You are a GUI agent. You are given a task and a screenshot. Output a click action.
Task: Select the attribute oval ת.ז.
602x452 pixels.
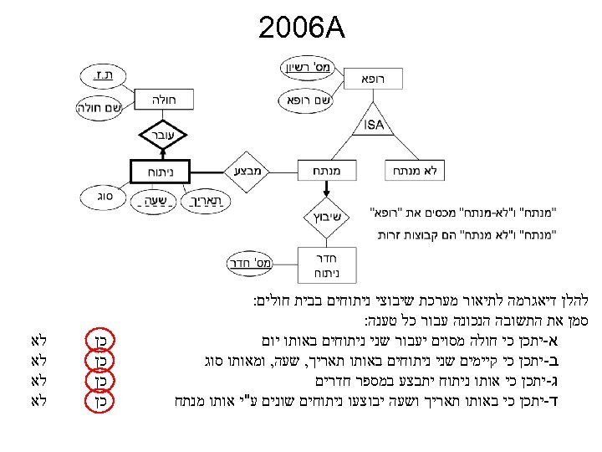(x=105, y=76)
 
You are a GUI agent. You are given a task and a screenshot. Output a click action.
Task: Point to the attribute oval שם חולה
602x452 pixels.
(x=99, y=106)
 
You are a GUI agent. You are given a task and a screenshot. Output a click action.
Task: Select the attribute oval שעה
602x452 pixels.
(x=150, y=202)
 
